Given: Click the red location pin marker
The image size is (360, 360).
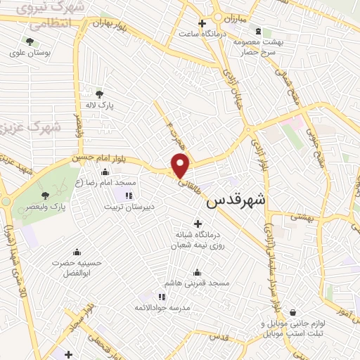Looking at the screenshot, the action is point(181,166).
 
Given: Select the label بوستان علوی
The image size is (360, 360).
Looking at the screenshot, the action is point(30,53).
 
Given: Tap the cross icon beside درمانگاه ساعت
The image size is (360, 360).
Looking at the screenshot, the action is point(202,23).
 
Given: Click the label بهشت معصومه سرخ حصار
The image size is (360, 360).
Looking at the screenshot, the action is point(259,47).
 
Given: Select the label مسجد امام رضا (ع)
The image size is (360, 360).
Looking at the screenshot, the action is point(105,182).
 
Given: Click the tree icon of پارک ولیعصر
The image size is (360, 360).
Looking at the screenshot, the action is point(46,195).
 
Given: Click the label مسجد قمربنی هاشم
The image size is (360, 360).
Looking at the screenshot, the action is point(197,283).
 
